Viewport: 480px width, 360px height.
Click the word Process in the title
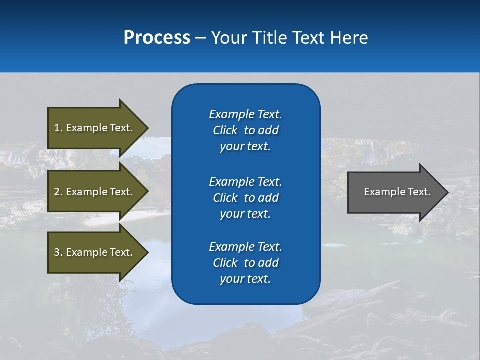click(x=157, y=38)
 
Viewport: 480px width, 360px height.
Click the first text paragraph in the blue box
click(x=245, y=130)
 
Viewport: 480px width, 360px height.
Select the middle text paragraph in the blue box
click(x=245, y=197)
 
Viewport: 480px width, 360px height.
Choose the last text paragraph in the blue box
click(x=245, y=263)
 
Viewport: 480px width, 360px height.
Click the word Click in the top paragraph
click(x=225, y=130)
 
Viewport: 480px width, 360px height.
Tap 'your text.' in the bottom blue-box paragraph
click(x=245, y=279)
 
